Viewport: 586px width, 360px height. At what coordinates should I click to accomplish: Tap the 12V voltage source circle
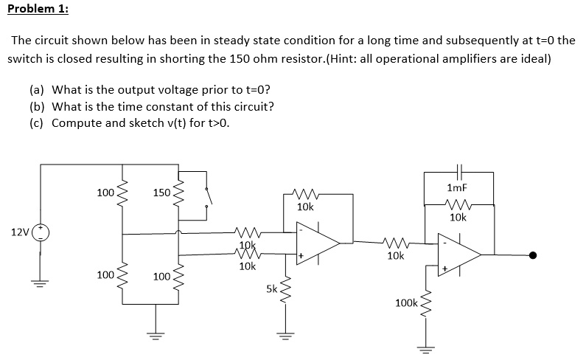[41, 232]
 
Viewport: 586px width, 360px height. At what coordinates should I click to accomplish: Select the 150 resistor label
[161, 193]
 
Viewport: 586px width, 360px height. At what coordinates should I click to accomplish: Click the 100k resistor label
[405, 303]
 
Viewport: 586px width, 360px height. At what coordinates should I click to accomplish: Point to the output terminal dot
[533, 255]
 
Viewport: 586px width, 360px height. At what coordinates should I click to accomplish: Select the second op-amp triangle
[459, 254]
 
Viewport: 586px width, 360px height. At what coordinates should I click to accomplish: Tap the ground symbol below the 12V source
[41, 284]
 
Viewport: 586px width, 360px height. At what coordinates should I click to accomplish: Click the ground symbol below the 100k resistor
[423, 348]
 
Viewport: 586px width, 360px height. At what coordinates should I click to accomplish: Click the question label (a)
[36, 90]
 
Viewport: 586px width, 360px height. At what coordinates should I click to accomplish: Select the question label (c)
[36, 122]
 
